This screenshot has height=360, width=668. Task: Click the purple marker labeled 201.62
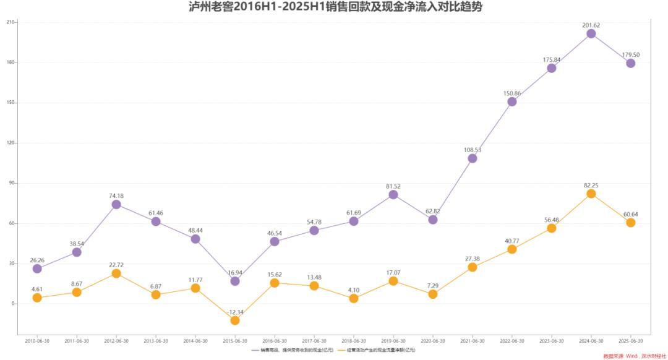pyautogui.click(x=591, y=33)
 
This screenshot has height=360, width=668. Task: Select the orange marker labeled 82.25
pyautogui.click(x=591, y=194)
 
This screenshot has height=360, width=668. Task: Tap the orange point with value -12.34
pyautogui.click(x=235, y=320)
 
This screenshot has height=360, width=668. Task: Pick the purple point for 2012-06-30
pyautogui.click(x=116, y=204)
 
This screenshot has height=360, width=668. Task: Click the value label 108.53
pyautogui.click(x=473, y=150)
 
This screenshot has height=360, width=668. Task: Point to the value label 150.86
pyautogui.click(x=512, y=93)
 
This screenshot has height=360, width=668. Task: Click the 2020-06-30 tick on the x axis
pyautogui.click(x=433, y=341)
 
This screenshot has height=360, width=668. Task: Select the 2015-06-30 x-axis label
pyautogui.click(x=235, y=341)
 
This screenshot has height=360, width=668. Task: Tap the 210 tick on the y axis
pyautogui.click(x=11, y=22)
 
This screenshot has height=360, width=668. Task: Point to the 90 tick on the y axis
pyautogui.click(x=12, y=183)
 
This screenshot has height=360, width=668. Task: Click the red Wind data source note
pyautogui.click(x=634, y=356)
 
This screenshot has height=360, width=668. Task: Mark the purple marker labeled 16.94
pyautogui.click(x=235, y=281)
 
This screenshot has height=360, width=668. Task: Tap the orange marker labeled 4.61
pyautogui.click(x=37, y=298)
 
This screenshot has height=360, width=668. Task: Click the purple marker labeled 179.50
pyautogui.click(x=630, y=63)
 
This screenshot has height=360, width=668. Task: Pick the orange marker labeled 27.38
pyautogui.click(x=473, y=267)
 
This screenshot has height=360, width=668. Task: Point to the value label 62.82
pyautogui.click(x=433, y=211)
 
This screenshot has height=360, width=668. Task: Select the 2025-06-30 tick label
pyautogui.click(x=630, y=341)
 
